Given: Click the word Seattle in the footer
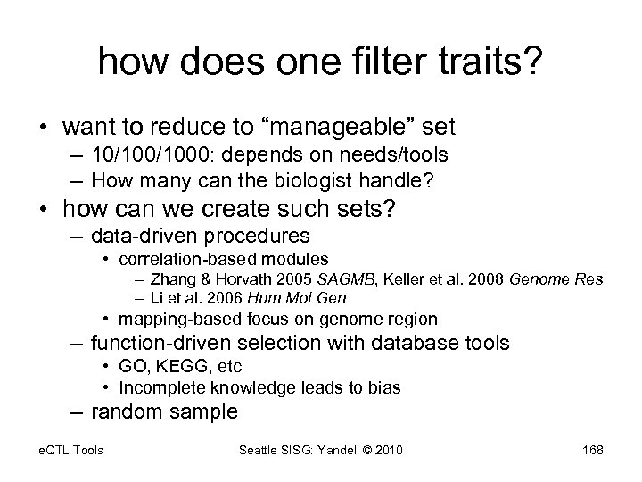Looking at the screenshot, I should (260, 450).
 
